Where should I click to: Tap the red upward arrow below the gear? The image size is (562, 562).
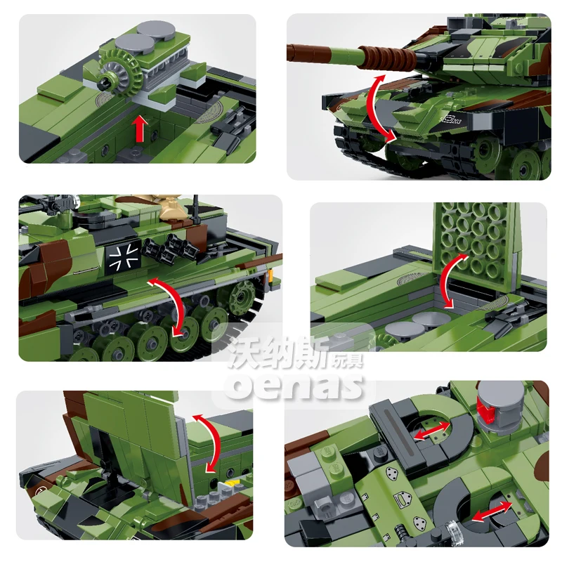140,129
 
